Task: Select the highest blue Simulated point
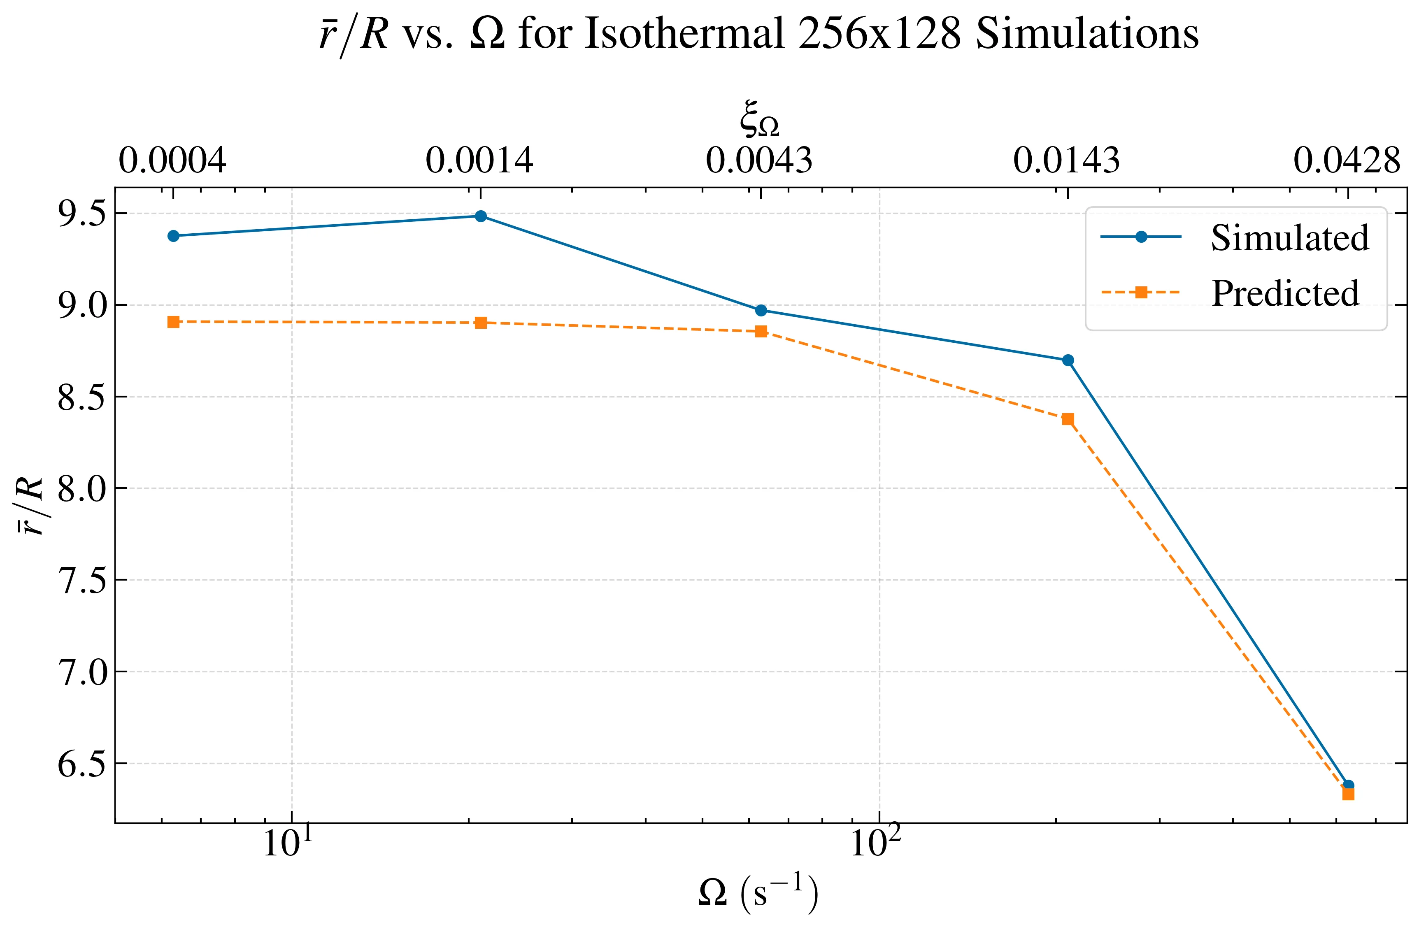[x=481, y=216]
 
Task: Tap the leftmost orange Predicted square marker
[x=174, y=322]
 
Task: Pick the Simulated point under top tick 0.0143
[x=1068, y=360]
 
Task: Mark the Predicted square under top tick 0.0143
[x=1068, y=419]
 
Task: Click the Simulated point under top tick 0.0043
[x=761, y=310]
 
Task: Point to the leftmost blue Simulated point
[x=174, y=236]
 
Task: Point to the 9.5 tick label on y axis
[x=81, y=214]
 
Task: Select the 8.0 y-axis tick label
[x=81, y=488]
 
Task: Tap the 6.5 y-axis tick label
[x=81, y=764]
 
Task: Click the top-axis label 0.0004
[x=172, y=161]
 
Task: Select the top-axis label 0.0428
[x=1346, y=161]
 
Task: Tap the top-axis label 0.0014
[x=479, y=161]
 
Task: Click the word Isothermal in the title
[x=684, y=34]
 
